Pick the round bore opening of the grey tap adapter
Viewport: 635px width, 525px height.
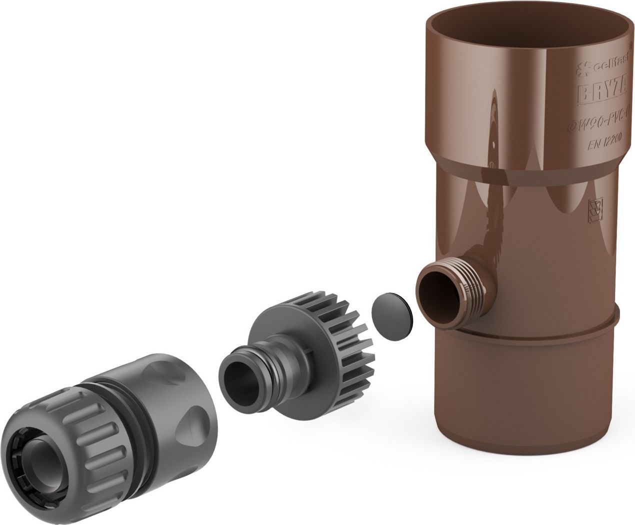pos(239,372)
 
